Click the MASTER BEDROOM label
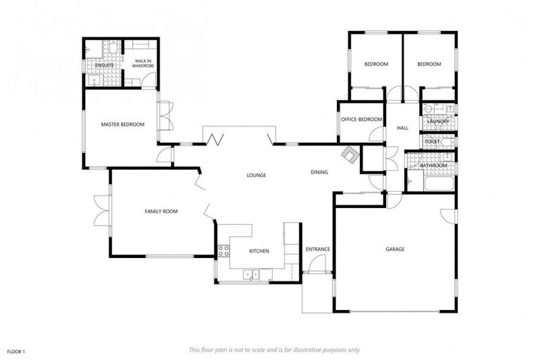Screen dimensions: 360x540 click(122, 124)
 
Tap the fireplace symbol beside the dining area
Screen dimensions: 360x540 click(349, 154)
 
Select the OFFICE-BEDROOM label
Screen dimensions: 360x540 click(361, 120)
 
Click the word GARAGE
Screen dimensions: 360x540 click(394, 249)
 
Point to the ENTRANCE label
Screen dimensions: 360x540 click(318, 249)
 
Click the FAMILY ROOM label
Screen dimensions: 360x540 click(160, 211)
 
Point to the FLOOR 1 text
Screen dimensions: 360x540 click(16, 349)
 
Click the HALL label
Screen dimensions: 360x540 click(402, 128)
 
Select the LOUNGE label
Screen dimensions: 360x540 click(256, 174)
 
